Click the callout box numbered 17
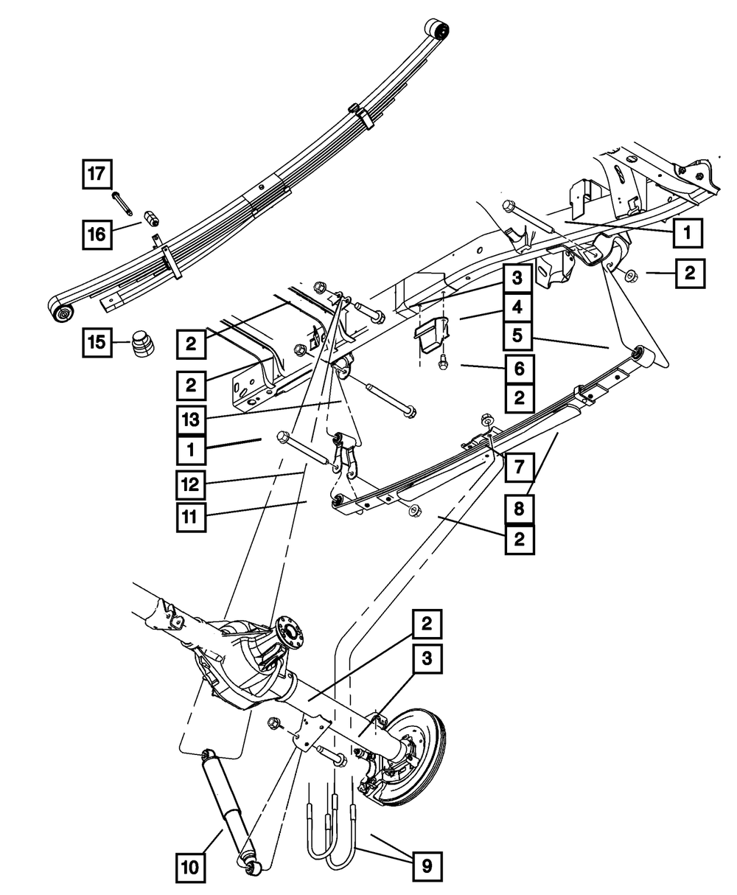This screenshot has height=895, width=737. pos(97,175)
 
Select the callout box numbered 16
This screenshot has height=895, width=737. pos(97,234)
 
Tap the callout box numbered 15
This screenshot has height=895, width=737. pos(97,342)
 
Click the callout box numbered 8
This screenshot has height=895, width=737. pos(520,509)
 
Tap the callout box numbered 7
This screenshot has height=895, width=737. pos(520,466)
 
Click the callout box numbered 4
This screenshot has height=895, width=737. pos(520,306)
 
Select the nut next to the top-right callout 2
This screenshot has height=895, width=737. pos(632,276)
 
